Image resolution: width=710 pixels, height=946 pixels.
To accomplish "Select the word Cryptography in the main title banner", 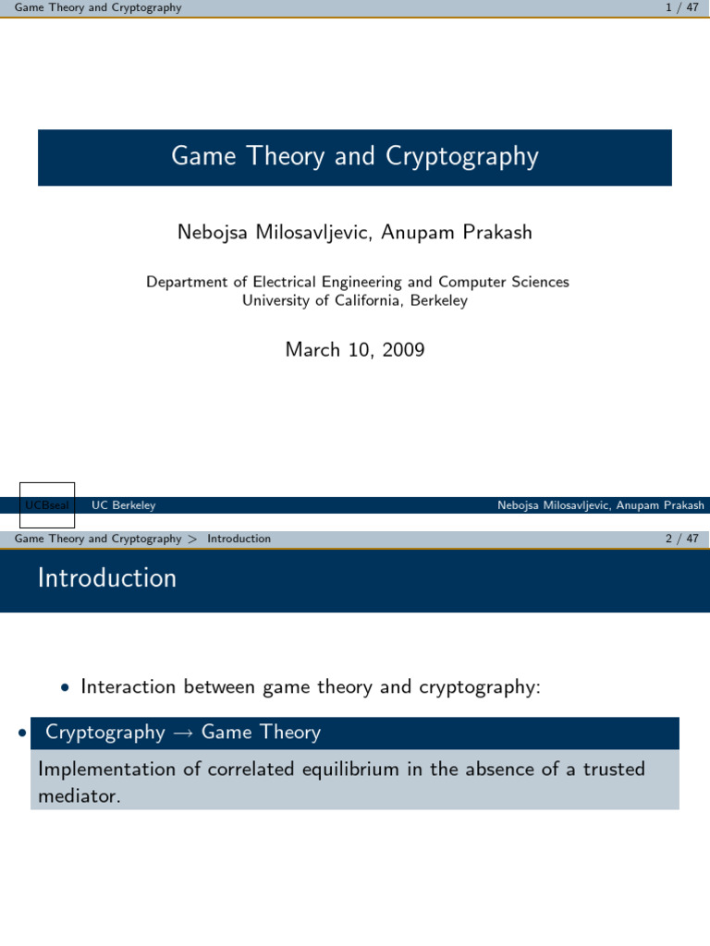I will (x=462, y=157).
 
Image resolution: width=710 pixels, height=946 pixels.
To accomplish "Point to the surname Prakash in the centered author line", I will (x=498, y=233).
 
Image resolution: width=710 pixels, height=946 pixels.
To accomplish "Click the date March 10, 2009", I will (x=355, y=349).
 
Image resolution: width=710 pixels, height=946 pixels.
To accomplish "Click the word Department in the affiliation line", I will (x=188, y=282).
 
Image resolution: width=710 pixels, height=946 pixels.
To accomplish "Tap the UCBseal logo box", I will (x=47, y=505).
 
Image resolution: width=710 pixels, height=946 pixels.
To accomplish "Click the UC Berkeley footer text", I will (x=124, y=505).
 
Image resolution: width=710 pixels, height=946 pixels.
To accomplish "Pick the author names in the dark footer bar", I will (x=600, y=505).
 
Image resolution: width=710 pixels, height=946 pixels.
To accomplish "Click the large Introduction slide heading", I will (x=107, y=578).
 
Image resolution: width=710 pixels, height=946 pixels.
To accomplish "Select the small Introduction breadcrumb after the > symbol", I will (x=239, y=539).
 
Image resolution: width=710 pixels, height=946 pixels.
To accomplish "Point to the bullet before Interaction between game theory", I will (x=64, y=688).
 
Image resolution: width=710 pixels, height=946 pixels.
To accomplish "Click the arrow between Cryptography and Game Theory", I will (x=182, y=734).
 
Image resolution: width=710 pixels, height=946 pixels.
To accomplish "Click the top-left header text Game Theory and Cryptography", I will (x=99, y=8).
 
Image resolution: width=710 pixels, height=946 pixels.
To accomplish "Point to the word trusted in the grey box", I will (x=614, y=770).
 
